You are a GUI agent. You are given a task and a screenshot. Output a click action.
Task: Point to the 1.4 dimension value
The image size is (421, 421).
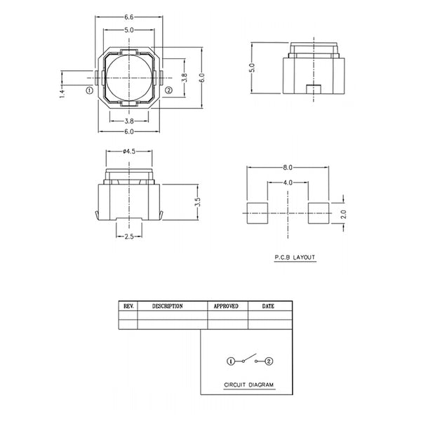(x=62, y=91)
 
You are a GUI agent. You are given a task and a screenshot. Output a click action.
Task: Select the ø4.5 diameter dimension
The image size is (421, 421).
(x=129, y=150)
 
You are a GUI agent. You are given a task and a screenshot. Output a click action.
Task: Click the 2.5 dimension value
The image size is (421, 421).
(x=129, y=237)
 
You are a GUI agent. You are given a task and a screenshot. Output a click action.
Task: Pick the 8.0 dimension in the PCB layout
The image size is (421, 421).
(x=288, y=168)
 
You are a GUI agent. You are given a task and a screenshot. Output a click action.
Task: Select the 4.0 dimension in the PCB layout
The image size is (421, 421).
(x=288, y=183)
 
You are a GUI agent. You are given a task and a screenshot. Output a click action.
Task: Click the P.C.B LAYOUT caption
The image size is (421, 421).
(x=295, y=258)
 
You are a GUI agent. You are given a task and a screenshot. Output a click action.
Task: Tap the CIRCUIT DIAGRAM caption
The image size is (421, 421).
(x=249, y=385)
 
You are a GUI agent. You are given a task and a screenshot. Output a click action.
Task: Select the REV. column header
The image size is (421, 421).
(x=128, y=306)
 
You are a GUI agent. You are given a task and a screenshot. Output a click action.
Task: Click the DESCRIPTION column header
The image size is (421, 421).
(x=167, y=306)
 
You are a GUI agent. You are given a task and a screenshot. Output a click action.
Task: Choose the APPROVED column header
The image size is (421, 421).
(x=225, y=306)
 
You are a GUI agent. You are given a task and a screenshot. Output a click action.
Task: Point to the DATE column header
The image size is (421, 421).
(x=268, y=306)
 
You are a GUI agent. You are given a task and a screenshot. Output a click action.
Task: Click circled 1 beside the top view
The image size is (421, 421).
(x=89, y=91)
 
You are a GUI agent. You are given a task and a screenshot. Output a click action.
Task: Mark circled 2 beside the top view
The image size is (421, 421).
(x=168, y=91)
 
